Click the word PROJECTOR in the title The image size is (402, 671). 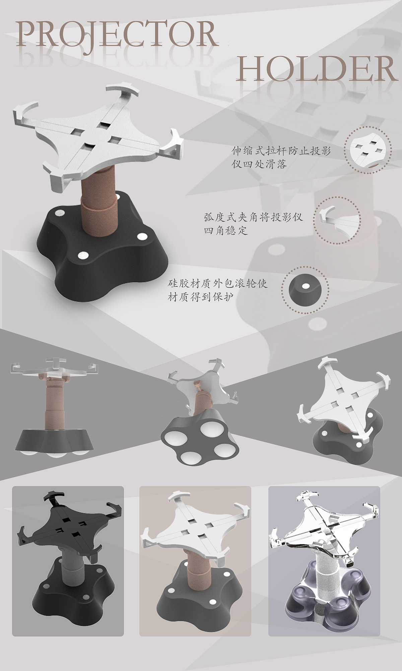pyautogui.click(x=117, y=35)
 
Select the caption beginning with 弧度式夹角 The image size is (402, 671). pyautogui.click(x=253, y=223)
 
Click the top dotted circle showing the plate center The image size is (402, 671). pyautogui.click(x=368, y=149)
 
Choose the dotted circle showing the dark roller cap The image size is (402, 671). pyautogui.click(x=305, y=290)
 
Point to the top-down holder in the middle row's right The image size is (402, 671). pyautogui.click(x=345, y=409)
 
